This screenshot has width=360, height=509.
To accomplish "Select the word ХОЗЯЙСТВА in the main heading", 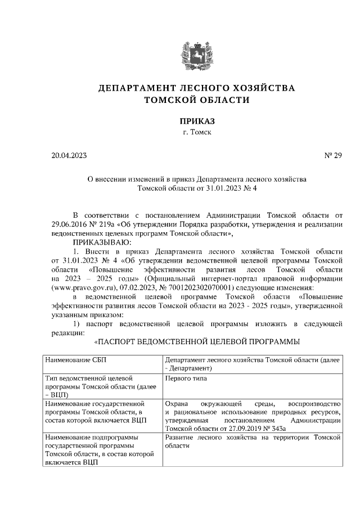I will [264, 88].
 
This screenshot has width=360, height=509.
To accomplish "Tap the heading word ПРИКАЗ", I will [197, 121].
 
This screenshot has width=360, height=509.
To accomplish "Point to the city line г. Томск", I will [197, 132].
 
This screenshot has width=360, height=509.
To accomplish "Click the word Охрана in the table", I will [176, 404].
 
